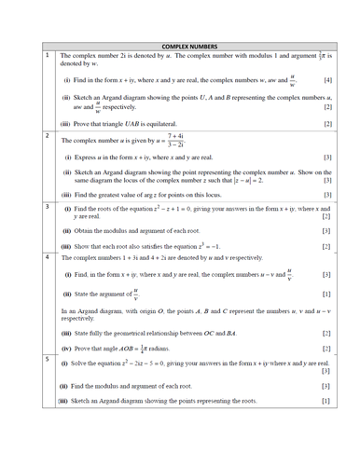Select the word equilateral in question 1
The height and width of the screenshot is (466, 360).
[168, 123]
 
